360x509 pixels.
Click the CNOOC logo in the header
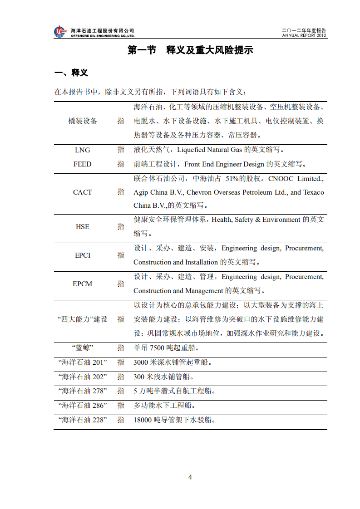point(60,32)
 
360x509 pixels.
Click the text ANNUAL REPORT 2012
point(304,35)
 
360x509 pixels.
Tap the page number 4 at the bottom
point(190,477)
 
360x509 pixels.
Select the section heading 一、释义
point(71,73)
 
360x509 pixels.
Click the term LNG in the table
point(82,150)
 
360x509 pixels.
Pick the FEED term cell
point(82,164)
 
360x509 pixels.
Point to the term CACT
point(82,192)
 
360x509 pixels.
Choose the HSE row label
point(82,226)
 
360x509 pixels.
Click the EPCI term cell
point(82,255)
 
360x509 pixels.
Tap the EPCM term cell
point(82,284)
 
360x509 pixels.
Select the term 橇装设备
point(82,121)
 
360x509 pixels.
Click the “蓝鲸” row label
point(82,348)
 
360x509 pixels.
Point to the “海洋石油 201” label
point(82,362)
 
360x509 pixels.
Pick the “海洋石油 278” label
point(82,391)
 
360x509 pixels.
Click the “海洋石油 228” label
point(82,420)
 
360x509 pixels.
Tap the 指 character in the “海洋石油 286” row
point(121,405)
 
